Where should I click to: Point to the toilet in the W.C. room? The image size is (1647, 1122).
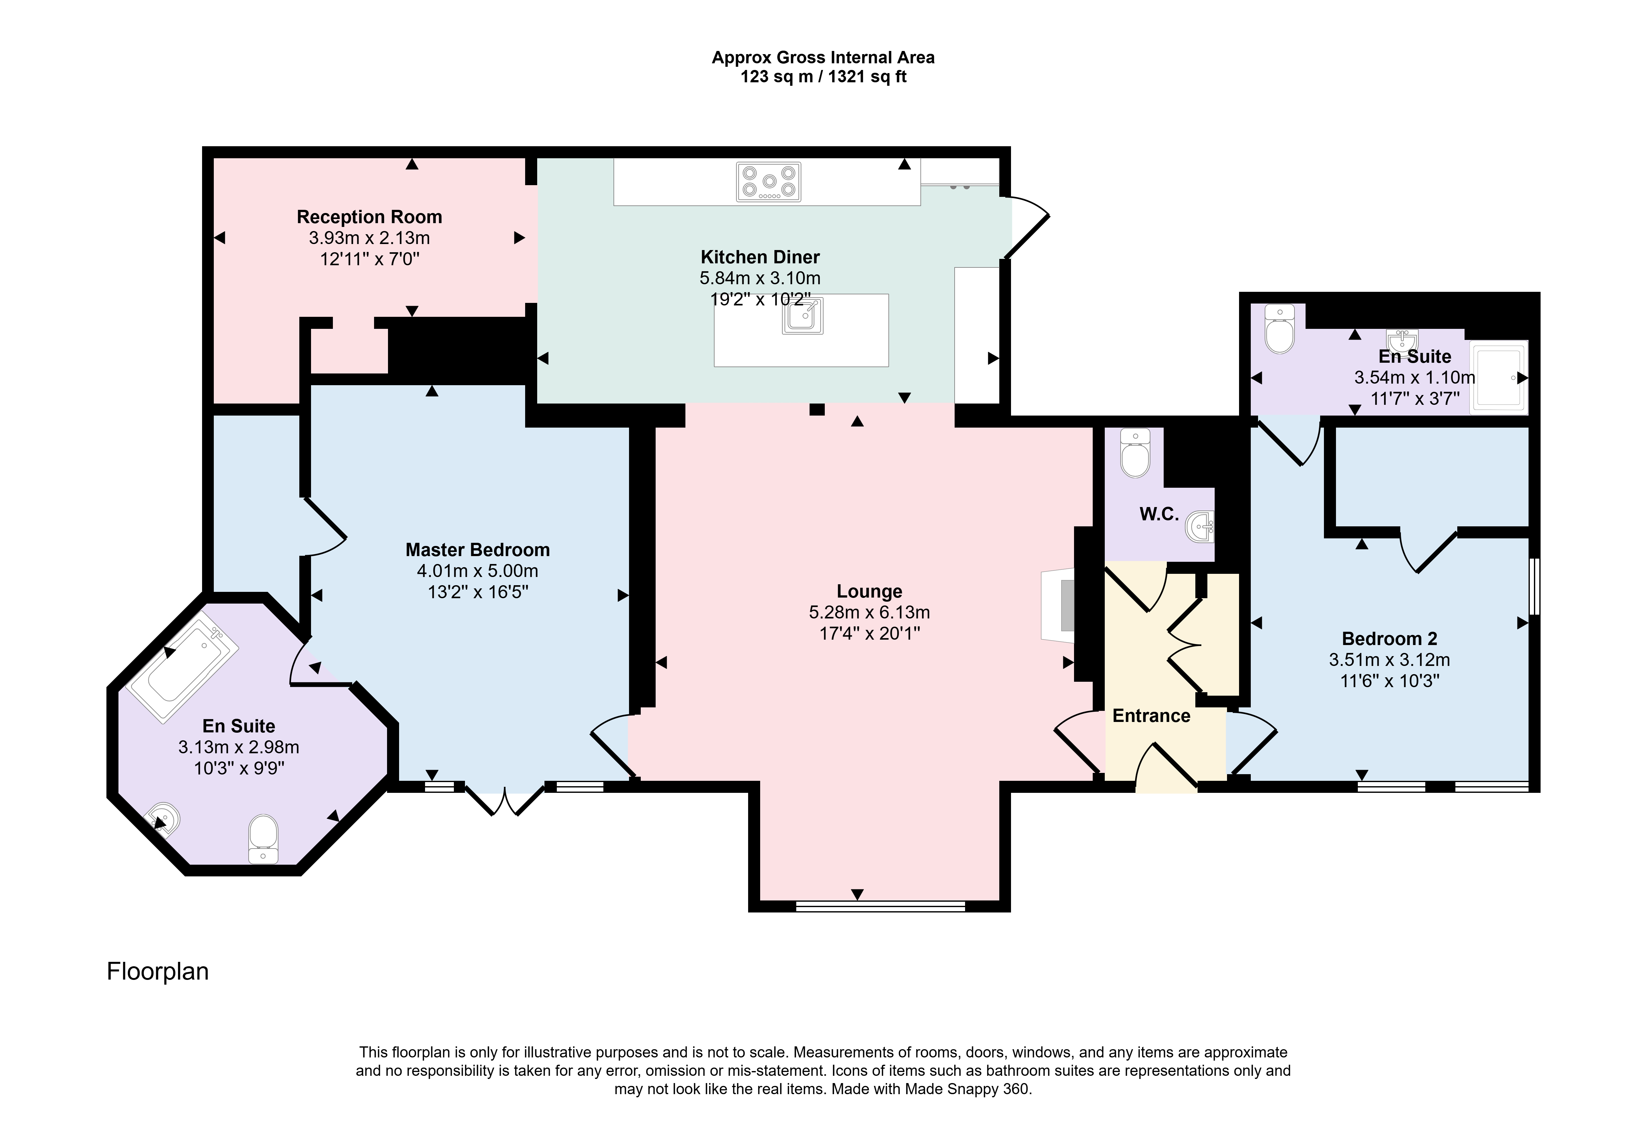pos(1135,453)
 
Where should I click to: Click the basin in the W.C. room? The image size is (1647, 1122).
pos(1201,526)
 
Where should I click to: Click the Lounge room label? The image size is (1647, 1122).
pos(869,592)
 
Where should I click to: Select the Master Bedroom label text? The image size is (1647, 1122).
pos(478,550)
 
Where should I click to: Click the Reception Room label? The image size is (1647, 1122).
pos(369,217)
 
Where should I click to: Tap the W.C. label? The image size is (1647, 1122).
pos(1160,514)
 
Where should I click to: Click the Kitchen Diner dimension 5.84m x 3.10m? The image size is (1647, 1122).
pos(760,279)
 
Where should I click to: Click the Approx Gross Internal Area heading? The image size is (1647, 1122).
pos(823,57)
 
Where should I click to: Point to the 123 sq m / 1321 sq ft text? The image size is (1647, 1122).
pos(823,77)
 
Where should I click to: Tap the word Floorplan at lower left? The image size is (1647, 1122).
pos(157,971)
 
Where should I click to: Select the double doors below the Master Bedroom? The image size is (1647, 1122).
pos(505,799)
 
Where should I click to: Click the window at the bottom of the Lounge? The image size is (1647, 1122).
pos(880,906)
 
